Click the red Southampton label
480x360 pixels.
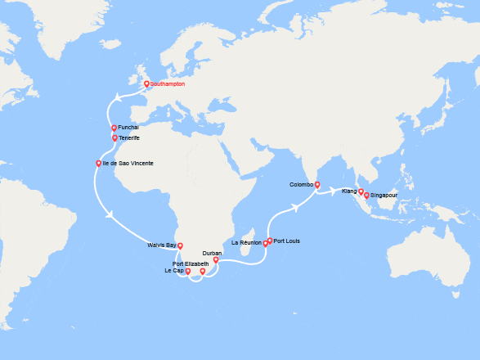pos(168,84)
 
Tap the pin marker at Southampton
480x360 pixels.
pos(146,83)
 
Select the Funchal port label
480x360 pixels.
pos(128,128)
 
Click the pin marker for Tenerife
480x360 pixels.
pos(114,137)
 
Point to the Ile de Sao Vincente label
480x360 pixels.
pos(128,164)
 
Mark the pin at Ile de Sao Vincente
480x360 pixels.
pos(99,164)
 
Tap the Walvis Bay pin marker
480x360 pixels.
pos(180,245)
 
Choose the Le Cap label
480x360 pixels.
pos(174,271)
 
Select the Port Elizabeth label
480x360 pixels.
pos(191,263)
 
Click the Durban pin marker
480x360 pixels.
pos(216,259)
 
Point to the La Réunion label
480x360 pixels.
pos(246,243)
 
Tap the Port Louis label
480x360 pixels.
pos(287,241)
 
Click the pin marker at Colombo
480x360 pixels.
pos(317,184)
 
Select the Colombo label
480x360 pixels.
pos(301,184)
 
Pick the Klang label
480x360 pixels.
pos(349,191)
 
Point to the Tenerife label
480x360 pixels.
pos(129,137)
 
